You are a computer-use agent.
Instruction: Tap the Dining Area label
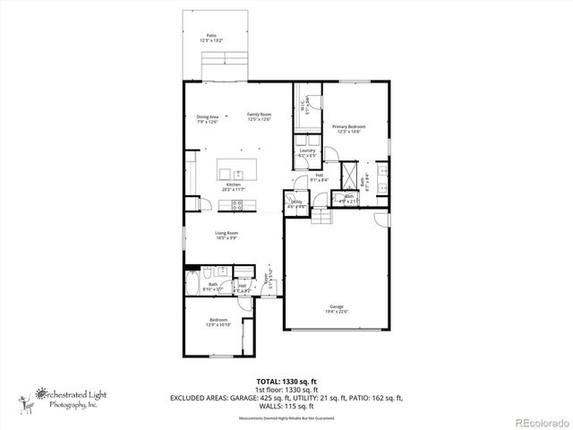pyautogui.click(x=208, y=116)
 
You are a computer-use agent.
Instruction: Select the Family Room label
pyautogui.click(x=260, y=116)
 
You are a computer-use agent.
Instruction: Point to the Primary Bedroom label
pyautogui.click(x=344, y=127)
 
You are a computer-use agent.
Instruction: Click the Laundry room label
pyautogui.click(x=308, y=151)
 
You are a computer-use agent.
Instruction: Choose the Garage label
pyautogui.click(x=336, y=306)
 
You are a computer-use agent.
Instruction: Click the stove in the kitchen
pyautogui.click(x=238, y=204)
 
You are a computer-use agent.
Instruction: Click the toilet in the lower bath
pyautogui.click(x=208, y=271)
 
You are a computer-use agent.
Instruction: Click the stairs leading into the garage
pyautogui.click(x=321, y=218)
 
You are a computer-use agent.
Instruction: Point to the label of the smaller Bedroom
pyautogui.click(x=218, y=320)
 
